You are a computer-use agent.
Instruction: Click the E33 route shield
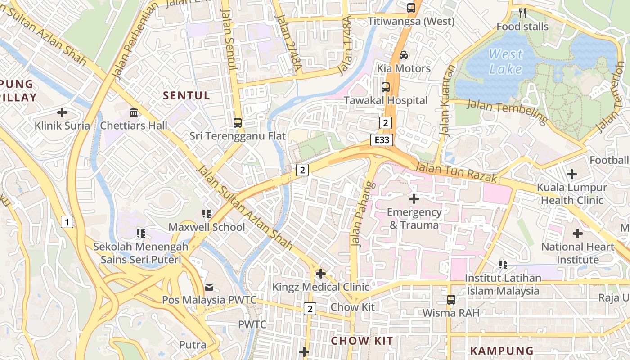(382, 140)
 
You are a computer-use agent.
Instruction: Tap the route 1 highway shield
(67, 221)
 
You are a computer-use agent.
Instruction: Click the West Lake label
(506, 62)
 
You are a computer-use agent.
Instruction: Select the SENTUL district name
(186, 95)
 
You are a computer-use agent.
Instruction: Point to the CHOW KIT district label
(362, 341)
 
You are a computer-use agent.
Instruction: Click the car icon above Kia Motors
(404, 55)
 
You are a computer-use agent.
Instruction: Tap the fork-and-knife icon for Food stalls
(522, 13)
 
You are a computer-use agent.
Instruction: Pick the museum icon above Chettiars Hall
(134, 112)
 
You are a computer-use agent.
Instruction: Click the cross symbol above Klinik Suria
(62, 112)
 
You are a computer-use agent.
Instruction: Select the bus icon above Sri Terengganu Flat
(237, 122)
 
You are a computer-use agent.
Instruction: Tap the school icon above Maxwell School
(207, 214)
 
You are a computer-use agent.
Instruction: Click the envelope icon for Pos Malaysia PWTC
(209, 287)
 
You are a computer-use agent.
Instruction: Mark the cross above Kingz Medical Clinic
(320, 274)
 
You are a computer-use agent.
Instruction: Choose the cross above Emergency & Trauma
(414, 198)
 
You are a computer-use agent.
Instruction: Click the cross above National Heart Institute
(577, 234)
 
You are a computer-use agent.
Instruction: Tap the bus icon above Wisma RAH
(451, 299)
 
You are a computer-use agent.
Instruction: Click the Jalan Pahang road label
(362, 214)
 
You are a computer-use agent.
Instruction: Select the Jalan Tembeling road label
(507, 112)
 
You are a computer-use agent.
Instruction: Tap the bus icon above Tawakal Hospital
(386, 87)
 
